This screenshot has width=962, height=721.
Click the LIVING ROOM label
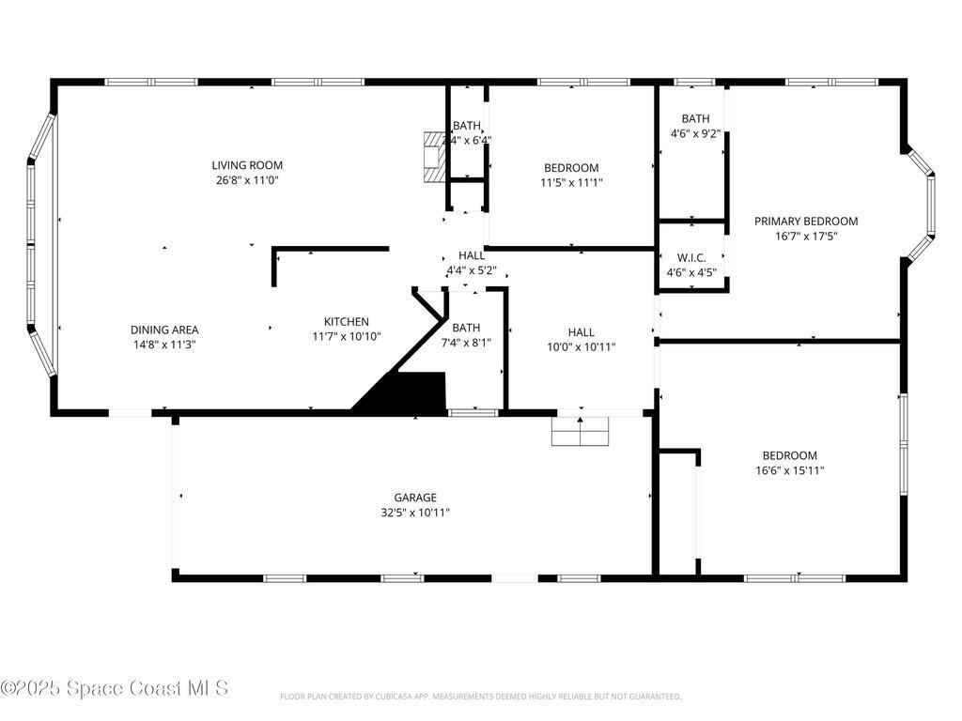(247, 165)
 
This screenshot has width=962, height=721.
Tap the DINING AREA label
(164, 330)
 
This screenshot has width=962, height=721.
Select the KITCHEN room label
(347, 321)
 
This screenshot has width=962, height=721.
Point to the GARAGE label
(414, 498)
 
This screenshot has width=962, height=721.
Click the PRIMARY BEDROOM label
(806, 222)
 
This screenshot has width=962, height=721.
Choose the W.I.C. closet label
(691, 258)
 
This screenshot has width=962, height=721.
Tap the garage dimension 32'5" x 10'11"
(414, 513)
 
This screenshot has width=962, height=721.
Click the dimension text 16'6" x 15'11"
(789, 470)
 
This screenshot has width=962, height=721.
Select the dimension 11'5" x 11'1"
(571, 183)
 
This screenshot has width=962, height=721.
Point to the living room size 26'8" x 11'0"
(247, 180)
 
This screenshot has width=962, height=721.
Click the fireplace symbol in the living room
(433, 156)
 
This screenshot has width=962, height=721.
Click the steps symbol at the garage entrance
(581, 431)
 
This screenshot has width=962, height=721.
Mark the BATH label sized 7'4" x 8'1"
(466, 328)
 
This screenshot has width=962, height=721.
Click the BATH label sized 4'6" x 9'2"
(695, 118)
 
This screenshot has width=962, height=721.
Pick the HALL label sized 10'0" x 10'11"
(581, 331)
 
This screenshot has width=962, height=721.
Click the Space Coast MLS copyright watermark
(115, 688)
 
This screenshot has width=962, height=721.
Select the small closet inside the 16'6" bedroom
(677, 513)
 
